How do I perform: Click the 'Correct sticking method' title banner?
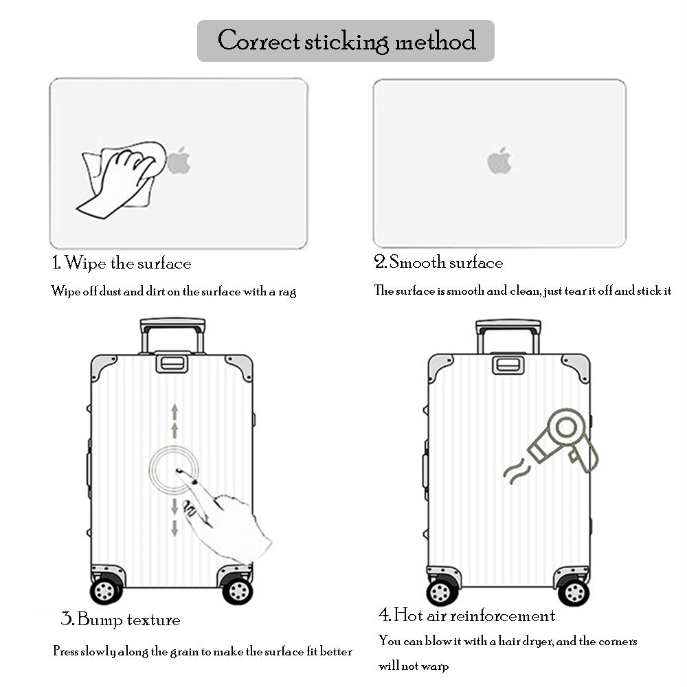[346, 41]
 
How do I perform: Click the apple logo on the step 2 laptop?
[499, 160]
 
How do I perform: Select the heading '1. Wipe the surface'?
[122, 263]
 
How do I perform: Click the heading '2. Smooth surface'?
[438, 262]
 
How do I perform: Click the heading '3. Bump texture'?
[121, 620]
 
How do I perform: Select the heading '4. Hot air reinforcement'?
[466, 615]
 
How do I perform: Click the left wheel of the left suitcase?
[105, 591]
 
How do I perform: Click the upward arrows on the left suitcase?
[174, 420]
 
